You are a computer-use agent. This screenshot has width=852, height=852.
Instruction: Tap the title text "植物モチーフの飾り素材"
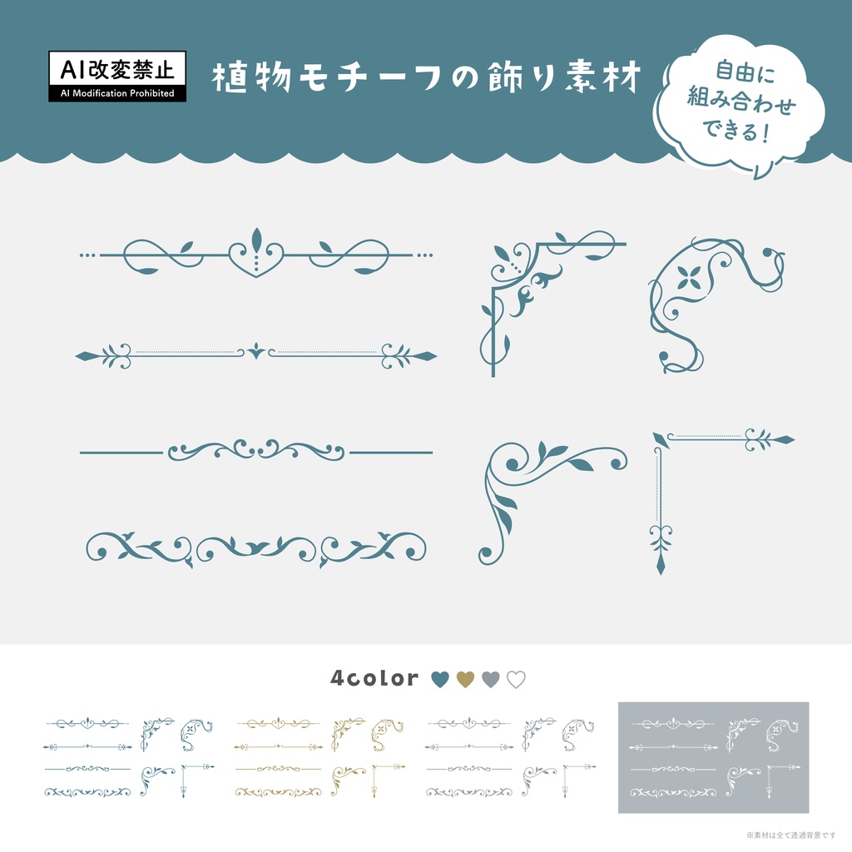point(427,78)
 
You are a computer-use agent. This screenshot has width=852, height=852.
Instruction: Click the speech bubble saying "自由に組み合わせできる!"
point(740,103)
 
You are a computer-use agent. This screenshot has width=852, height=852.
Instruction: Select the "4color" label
point(374,678)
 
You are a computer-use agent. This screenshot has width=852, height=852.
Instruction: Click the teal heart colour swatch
point(440,679)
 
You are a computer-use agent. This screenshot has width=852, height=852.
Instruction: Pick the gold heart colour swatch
point(466,679)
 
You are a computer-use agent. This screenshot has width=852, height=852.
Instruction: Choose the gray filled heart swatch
point(491,679)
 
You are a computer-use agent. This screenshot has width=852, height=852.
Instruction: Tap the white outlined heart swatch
point(517,679)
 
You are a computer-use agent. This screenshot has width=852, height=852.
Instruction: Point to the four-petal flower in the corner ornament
point(688,277)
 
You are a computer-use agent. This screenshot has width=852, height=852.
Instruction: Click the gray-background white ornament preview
point(713,757)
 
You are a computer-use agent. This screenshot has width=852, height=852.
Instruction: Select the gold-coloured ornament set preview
point(320,757)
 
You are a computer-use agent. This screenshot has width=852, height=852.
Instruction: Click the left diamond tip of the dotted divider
point(84,356)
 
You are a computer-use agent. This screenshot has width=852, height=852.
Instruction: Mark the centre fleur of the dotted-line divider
point(256,353)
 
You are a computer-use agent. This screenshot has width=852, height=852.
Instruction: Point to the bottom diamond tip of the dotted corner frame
point(661,566)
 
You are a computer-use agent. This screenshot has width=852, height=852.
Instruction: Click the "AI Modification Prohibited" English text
point(116,93)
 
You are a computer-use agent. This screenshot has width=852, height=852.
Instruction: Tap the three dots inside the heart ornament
point(256,262)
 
